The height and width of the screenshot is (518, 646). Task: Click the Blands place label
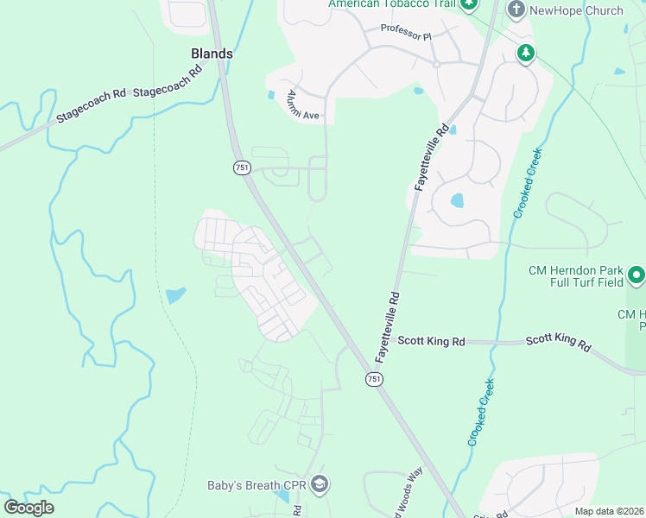click(212, 54)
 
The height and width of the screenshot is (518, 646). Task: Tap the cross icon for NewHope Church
click(516, 10)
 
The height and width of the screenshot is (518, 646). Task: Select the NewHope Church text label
click(576, 10)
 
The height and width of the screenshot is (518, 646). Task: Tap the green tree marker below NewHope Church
click(525, 54)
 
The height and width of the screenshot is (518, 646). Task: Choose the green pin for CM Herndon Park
click(636, 276)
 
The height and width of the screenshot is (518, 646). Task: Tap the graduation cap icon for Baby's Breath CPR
click(320, 484)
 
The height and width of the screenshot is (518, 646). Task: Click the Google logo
click(28, 508)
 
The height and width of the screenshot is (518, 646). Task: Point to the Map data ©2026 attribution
click(608, 511)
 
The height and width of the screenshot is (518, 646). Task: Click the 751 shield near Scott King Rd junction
click(374, 379)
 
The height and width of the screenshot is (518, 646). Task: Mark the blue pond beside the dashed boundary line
click(175, 295)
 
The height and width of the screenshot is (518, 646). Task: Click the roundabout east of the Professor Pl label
click(437, 64)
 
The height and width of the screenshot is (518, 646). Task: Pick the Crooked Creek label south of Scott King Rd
click(481, 413)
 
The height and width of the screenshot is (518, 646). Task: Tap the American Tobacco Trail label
click(391, 4)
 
